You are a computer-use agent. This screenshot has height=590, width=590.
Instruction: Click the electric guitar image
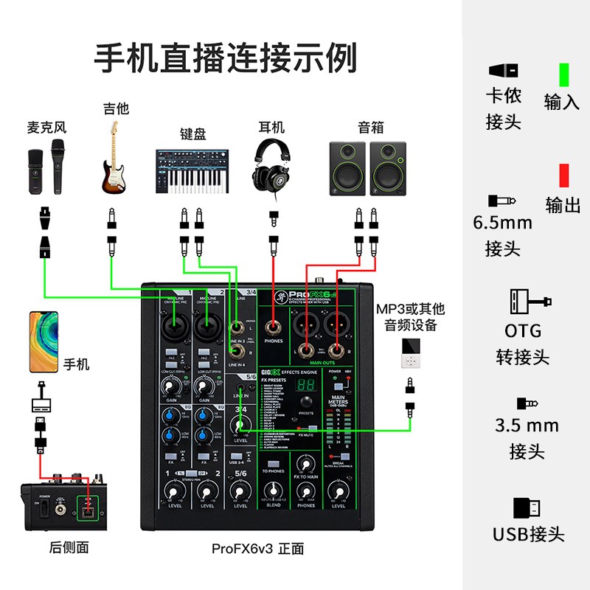pyautogui.click(x=115, y=158)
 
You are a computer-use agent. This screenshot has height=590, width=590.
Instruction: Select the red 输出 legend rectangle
pyautogui.click(x=563, y=176)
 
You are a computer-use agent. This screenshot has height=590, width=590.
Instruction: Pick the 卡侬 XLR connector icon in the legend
pyautogui.click(x=503, y=71)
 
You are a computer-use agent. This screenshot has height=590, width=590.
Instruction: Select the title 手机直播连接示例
pyautogui.click(x=226, y=58)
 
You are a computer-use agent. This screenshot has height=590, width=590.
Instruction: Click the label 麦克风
pyautogui.click(x=44, y=128)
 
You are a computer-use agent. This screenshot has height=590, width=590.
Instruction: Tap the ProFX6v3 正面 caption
pyautogui.click(x=257, y=549)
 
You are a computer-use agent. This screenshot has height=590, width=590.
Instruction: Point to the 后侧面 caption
pyautogui.click(x=69, y=547)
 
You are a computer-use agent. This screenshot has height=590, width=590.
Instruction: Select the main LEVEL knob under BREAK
pyautogui.click(x=338, y=490)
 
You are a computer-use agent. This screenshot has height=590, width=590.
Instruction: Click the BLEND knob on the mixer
pyautogui.click(x=273, y=490)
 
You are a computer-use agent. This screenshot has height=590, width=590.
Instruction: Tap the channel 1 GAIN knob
pyautogui.click(x=172, y=385)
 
